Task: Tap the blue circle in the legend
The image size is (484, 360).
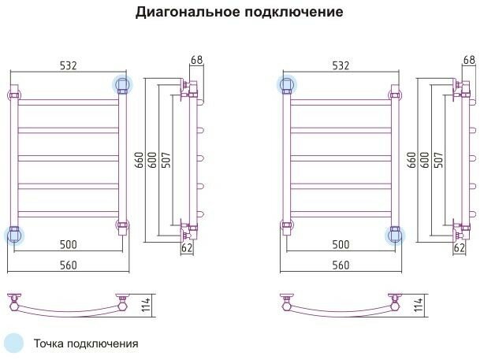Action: [x=14, y=343]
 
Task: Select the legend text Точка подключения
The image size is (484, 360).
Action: [x=86, y=343]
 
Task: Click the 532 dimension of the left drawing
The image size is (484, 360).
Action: [x=69, y=65]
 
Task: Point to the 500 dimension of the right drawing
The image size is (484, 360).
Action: [x=341, y=245]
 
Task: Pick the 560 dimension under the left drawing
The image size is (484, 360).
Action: [x=69, y=265]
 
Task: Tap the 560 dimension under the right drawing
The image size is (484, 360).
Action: [x=341, y=265]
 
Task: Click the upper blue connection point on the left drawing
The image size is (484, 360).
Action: [x=122, y=84]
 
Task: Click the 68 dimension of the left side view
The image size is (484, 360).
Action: [x=196, y=60]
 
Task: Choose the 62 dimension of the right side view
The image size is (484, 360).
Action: [x=460, y=247]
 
